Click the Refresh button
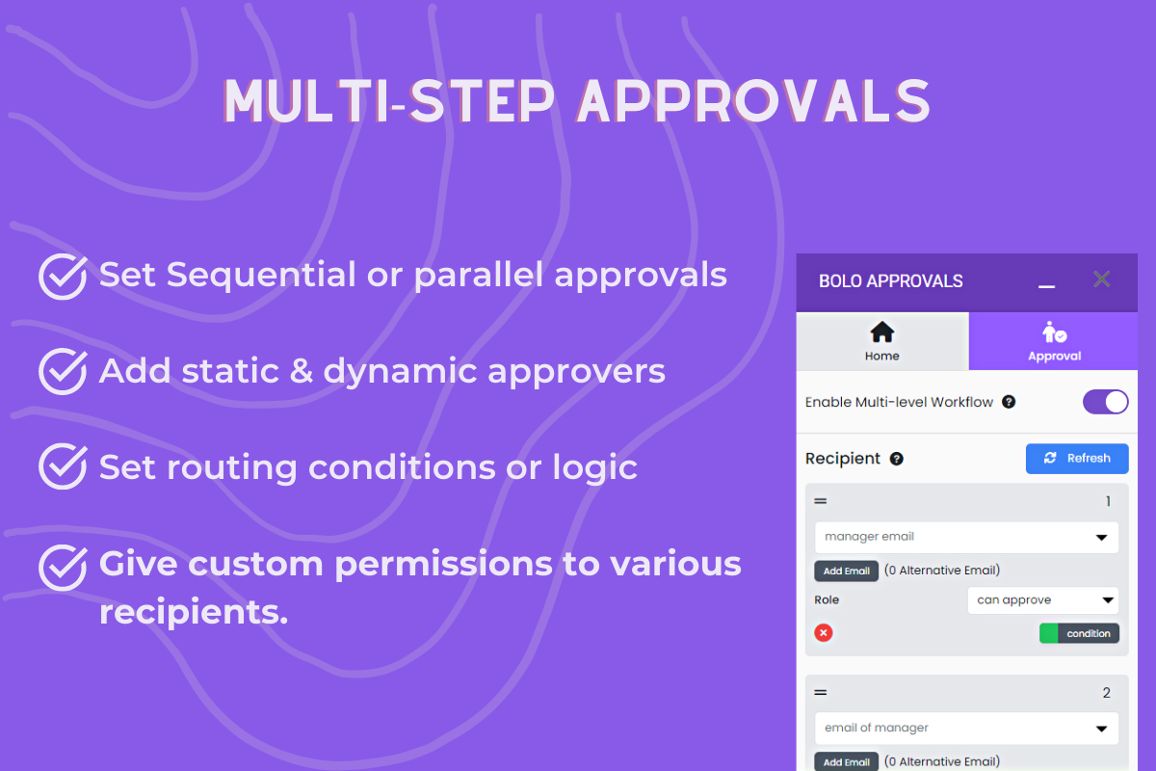tap(1076, 459)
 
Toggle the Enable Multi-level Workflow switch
tap(1105, 402)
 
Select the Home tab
tap(881, 342)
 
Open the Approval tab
tap(1054, 342)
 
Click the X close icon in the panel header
tap(1102, 279)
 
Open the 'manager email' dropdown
tap(966, 537)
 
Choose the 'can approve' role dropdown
tap(1042, 600)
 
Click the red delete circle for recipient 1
tap(824, 633)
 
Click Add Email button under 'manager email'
tap(846, 571)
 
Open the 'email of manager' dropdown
tap(966, 728)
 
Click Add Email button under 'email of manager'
tap(846, 761)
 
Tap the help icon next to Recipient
tap(896, 459)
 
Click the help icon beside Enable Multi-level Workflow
tap(1009, 402)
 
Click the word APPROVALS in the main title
tap(754, 101)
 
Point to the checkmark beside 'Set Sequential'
tap(63, 277)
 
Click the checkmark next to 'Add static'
tap(63, 372)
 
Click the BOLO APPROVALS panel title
tap(890, 281)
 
